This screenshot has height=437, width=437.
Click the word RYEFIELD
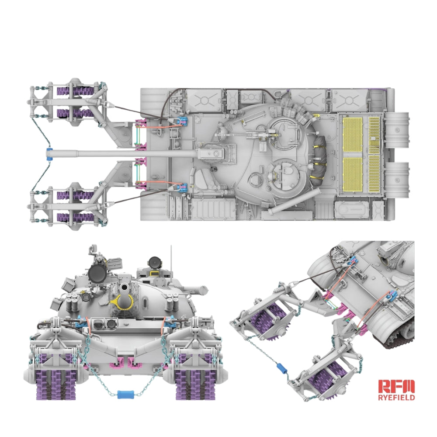click(x=396, y=397)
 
